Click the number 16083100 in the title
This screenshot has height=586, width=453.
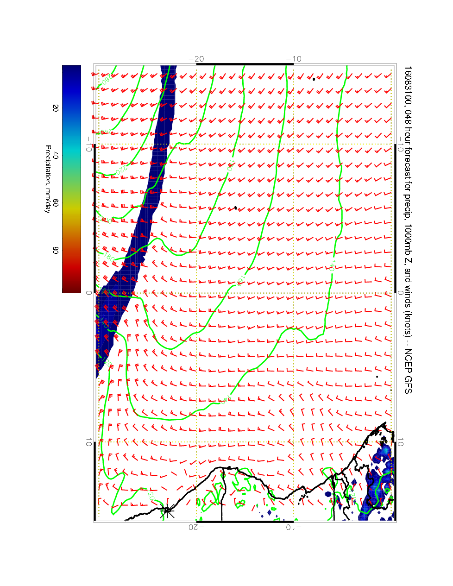[407, 86]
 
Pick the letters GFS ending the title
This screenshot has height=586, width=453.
[407, 384]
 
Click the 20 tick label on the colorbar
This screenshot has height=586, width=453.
[55, 107]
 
